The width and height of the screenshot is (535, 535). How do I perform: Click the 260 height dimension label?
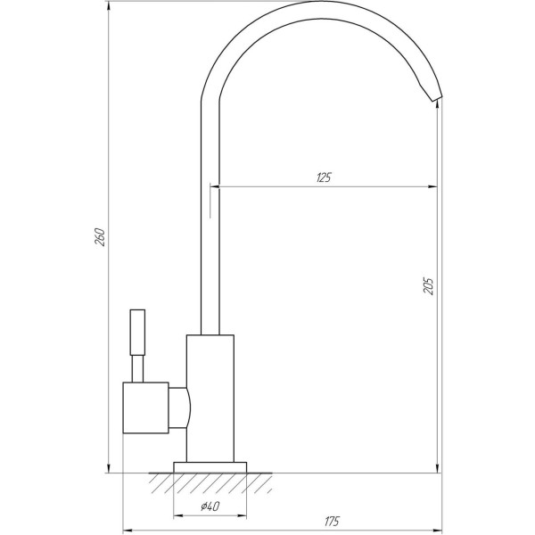point(101,238)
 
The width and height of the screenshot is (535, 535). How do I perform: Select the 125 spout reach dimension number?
point(323,177)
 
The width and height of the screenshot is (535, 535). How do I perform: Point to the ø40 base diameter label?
point(210,506)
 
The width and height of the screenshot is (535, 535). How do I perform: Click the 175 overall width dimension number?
point(333,519)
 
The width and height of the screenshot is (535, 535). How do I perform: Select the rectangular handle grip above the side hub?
point(137,332)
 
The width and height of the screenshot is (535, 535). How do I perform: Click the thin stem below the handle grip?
point(137,368)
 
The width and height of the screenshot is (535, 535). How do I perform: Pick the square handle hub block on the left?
point(145,407)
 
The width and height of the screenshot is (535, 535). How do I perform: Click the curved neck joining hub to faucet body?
point(178,408)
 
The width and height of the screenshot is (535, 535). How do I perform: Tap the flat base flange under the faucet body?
point(210,467)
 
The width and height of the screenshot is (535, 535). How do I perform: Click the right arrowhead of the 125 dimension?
point(433,186)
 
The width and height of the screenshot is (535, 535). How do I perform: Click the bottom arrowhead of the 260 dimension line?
point(109,468)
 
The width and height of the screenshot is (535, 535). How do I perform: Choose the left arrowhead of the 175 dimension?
point(127,528)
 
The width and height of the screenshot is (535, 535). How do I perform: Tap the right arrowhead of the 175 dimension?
point(437,528)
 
